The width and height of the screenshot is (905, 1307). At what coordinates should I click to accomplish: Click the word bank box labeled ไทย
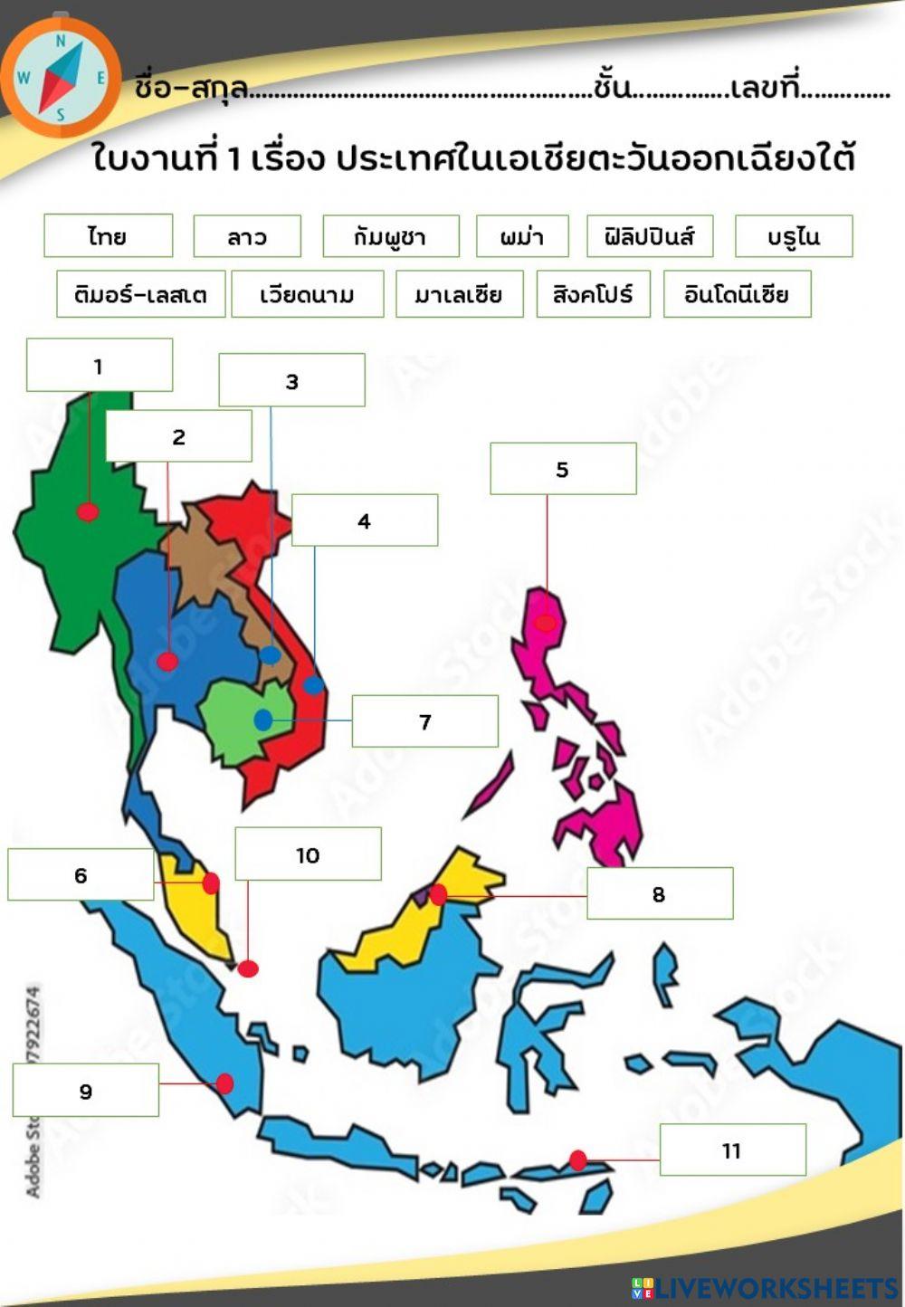point(108,236)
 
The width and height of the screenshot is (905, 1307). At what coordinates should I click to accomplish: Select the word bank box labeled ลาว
point(247,236)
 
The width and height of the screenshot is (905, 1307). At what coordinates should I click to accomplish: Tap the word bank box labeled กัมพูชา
point(391,236)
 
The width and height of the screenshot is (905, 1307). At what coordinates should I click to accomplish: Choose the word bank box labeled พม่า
point(522,236)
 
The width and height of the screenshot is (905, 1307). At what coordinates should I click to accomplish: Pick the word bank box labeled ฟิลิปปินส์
point(650,236)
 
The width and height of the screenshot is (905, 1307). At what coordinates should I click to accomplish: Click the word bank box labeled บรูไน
point(794,236)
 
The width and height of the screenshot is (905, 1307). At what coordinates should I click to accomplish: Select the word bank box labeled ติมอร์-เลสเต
point(140,294)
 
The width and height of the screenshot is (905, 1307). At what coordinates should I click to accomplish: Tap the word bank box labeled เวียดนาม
point(307,294)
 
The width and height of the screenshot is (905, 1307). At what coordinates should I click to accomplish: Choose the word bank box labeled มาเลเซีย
point(459,294)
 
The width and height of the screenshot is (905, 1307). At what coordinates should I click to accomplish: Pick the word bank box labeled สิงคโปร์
point(593,294)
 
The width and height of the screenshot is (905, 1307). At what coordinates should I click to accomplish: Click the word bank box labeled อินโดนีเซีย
point(737,294)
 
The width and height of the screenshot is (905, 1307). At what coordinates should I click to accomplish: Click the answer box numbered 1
point(99,366)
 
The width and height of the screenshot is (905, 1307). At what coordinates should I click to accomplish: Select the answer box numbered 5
point(563,469)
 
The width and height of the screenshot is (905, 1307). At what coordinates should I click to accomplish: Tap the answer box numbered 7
point(424,721)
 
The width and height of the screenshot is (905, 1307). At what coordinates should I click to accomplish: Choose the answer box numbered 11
point(732,1150)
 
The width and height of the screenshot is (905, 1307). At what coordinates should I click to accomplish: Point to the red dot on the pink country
point(545,623)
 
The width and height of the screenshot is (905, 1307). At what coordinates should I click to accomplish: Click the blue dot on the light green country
point(263,720)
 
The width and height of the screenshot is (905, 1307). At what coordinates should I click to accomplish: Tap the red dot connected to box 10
point(248,968)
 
